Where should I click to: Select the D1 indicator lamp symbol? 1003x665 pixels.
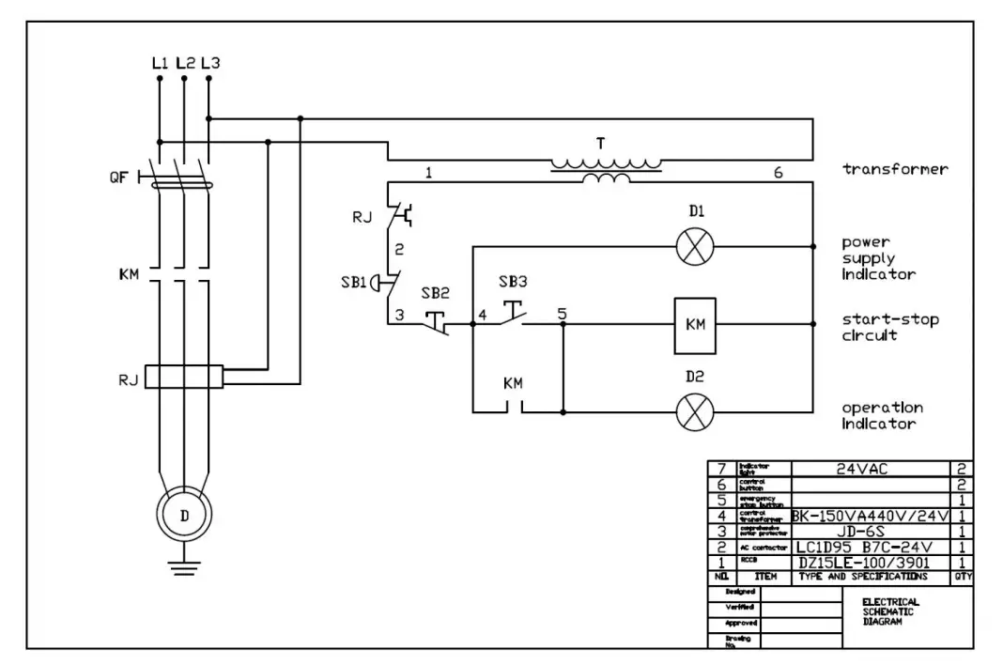pos(696,248)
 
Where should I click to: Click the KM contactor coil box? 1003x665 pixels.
pos(695,325)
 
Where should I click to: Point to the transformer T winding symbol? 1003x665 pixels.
pos(605,169)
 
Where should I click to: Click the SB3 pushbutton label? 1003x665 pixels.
pos(513,281)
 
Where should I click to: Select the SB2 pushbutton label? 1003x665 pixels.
pos(438,293)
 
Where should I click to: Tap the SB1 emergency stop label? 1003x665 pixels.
pos(353,283)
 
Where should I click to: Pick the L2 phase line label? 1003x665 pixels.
pos(184,63)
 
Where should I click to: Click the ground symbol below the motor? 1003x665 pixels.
pos(184,566)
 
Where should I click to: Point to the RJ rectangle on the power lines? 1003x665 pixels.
pos(184,378)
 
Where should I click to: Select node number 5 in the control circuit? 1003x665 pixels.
pos(562,314)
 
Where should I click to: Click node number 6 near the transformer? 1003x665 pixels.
pos(778,173)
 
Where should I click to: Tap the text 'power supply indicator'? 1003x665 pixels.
pos(879,258)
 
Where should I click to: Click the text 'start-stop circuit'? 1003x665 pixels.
pos(888,327)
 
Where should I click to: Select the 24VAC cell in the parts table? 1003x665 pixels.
pos(872,468)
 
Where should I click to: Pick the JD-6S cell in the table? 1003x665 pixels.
pos(872,530)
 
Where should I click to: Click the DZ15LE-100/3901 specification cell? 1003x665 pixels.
pos(872,562)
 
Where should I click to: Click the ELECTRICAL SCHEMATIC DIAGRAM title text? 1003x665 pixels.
pos(890,611)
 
